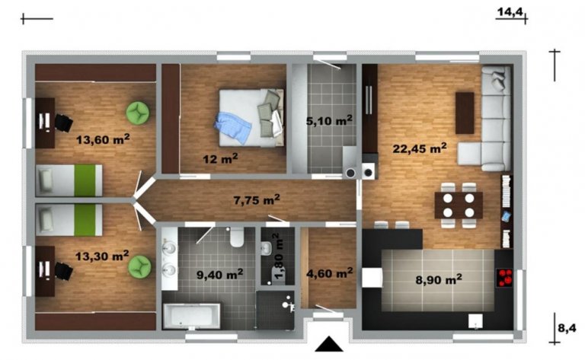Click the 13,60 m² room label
point(103,139)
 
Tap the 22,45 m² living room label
point(420,148)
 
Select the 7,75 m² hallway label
point(257,200)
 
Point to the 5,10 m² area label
point(329,121)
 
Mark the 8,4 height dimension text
point(567,328)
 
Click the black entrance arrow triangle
point(329,344)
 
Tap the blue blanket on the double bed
point(233,127)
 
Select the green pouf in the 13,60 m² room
point(138,112)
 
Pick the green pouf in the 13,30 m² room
point(140,266)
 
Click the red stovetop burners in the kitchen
point(504,278)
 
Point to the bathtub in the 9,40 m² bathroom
point(192,316)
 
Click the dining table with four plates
point(459,205)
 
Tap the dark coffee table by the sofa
point(465,113)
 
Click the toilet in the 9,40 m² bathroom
point(237,237)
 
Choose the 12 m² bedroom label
point(220,159)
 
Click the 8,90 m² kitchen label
point(439,279)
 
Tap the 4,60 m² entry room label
point(329,273)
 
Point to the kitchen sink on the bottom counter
point(475,321)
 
